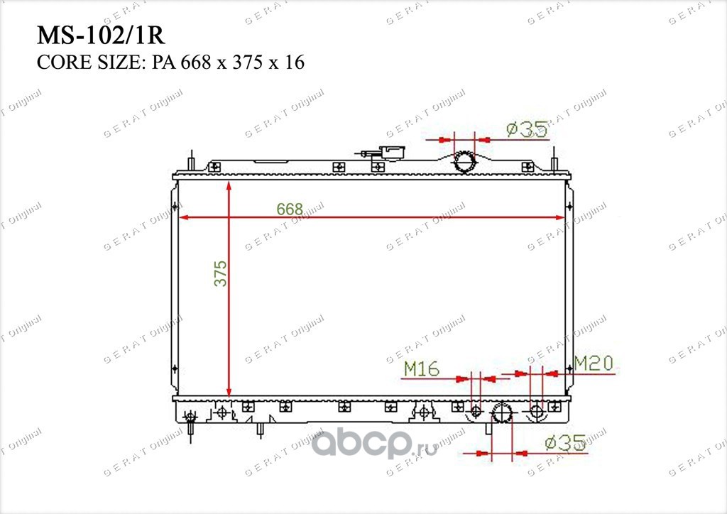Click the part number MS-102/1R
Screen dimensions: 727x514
(101, 35)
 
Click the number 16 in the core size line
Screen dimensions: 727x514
(295, 62)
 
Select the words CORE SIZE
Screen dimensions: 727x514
(87, 62)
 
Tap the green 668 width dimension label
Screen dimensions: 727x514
(290, 209)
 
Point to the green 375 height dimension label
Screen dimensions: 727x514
(221, 273)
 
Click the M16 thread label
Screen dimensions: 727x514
(422, 368)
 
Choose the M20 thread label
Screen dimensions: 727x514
(594, 363)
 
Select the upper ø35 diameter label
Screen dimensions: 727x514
(528, 130)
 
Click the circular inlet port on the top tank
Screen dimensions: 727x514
(464, 162)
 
